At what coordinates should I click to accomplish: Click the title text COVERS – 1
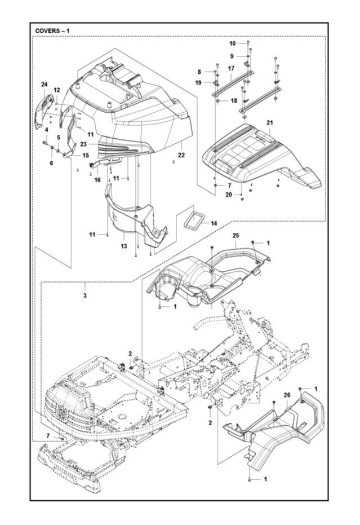click(52, 31)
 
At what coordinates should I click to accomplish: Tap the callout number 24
click(45, 85)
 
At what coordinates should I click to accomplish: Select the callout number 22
click(181, 155)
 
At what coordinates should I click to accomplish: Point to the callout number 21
click(270, 123)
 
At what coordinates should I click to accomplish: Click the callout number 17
click(231, 68)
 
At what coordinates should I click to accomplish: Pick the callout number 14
click(214, 223)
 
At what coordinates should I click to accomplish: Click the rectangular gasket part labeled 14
click(193, 221)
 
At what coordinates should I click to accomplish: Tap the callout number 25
click(236, 236)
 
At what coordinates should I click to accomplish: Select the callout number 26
click(287, 395)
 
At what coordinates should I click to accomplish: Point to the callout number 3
click(85, 295)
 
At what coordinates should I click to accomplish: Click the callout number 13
click(124, 246)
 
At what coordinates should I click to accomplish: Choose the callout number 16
click(97, 180)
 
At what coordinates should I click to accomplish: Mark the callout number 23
click(83, 144)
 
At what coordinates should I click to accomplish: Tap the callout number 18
click(234, 100)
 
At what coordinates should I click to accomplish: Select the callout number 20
click(229, 195)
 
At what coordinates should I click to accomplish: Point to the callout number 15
click(86, 156)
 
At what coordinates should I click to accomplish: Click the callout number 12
click(56, 90)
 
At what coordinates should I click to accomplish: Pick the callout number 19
click(198, 82)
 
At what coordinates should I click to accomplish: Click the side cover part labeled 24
click(45, 111)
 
